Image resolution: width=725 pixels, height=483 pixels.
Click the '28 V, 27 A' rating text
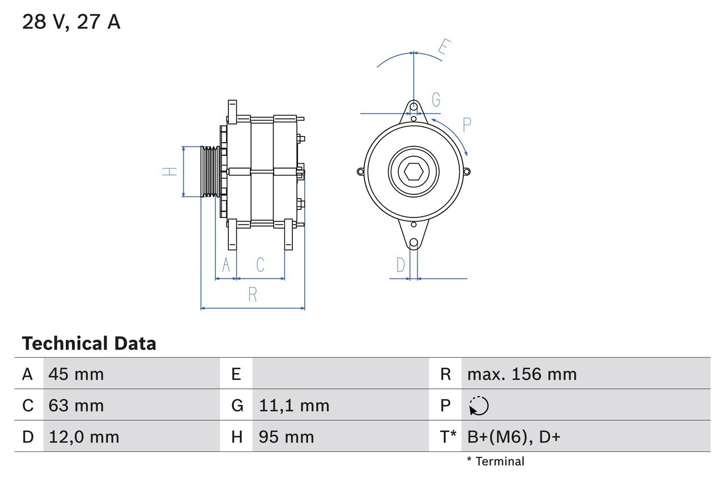(71, 22)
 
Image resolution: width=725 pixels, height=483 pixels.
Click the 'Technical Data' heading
(89, 343)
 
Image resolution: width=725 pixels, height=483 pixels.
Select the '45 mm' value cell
(76, 374)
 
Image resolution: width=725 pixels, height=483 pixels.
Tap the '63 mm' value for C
(76, 405)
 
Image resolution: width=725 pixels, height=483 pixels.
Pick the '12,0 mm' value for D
(84, 437)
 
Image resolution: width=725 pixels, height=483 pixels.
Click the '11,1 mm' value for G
(294, 405)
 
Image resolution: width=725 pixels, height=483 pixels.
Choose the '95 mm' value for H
(286, 437)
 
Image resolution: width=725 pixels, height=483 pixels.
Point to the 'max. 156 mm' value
(522, 374)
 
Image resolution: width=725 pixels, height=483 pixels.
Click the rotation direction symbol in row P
(479, 405)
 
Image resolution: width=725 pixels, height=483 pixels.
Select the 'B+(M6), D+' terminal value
(513, 437)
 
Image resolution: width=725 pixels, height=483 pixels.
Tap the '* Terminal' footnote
(496, 461)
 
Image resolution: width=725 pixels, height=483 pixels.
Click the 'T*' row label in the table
(448, 437)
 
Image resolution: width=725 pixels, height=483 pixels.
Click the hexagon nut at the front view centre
(413, 172)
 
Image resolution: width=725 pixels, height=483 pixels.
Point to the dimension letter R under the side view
(253, 294)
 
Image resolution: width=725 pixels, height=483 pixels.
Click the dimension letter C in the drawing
(260, 264)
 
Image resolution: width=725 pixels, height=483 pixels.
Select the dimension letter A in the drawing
(226, 264)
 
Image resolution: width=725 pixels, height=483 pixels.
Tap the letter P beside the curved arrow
(467, 125)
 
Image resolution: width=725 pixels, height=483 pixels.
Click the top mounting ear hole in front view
(414, 106)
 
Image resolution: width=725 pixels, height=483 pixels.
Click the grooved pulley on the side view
(210, 172)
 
